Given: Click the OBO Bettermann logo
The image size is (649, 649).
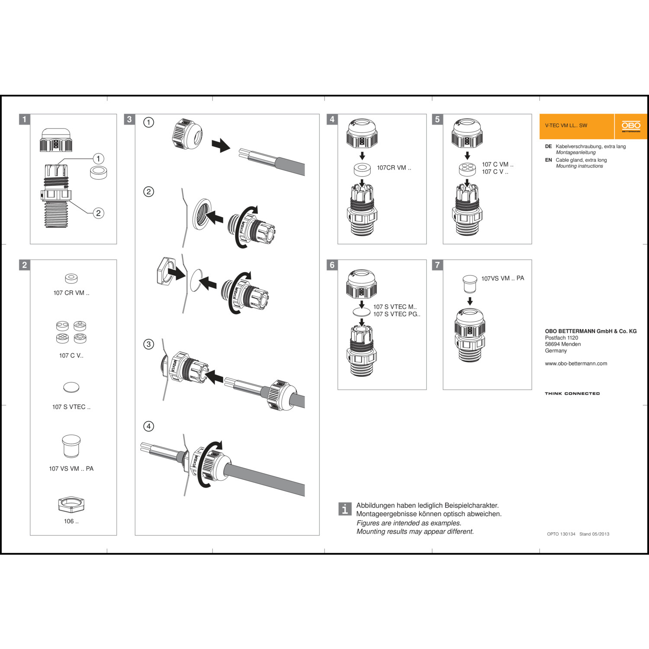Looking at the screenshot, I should click(631, 126).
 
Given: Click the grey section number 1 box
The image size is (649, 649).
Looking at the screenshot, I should click(25, 119).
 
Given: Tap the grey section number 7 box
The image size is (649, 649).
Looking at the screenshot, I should click(437, 265).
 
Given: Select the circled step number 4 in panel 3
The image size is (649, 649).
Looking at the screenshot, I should click(148, 426).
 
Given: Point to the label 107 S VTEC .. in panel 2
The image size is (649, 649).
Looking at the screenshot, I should click(71, 407).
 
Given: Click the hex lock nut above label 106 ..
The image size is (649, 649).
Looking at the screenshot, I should click(71, 504).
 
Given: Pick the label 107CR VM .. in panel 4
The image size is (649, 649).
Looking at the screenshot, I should click(394, 168).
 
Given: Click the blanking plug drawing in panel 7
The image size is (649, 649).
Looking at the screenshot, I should click(470, 283).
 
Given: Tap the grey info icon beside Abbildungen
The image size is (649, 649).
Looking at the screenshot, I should click(344, 509).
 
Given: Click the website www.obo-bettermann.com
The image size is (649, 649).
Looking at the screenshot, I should click(576, 364).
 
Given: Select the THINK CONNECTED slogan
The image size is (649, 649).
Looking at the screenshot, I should click(572, 394).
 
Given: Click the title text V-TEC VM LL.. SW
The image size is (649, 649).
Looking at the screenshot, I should click(566, 126).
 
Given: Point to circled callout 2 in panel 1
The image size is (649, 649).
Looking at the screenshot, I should click(99, 213).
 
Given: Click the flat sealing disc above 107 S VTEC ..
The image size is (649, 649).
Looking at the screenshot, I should click(71, 387).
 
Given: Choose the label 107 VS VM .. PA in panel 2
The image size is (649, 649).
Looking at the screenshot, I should click(71, 469).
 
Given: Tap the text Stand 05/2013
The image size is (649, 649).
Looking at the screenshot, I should click(594, 534).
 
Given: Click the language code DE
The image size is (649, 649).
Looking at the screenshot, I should click(548, 147).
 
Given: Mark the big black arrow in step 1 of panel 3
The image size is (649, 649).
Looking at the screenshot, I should click(221, 145).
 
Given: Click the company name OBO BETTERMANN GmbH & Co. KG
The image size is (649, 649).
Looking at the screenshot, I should click(591, 331).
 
